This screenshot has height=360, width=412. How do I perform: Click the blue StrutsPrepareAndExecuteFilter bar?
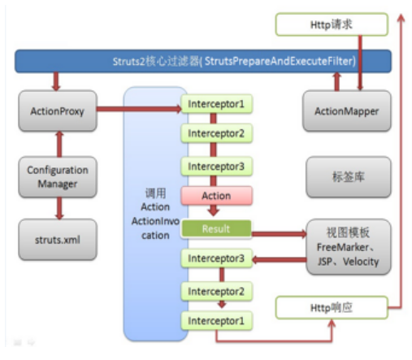coord(202,61)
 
